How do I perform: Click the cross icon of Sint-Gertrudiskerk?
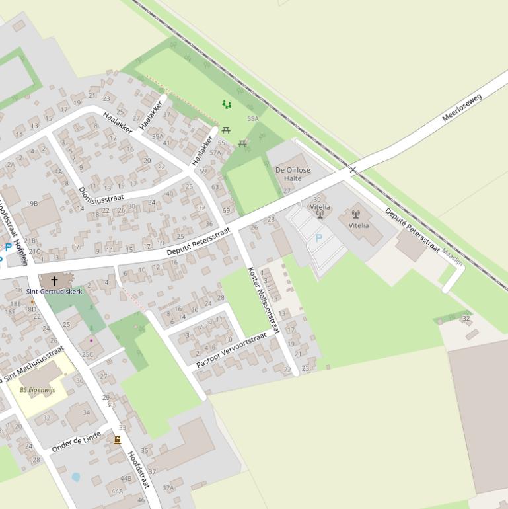pos(54,281)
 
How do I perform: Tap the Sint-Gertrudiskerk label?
pos(54,291)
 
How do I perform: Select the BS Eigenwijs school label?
pos(38,390)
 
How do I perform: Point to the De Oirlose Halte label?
pos(293,174)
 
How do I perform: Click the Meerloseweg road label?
pos(462,108)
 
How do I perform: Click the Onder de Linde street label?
pos(76,441)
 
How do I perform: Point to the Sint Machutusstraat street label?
pos(34,364)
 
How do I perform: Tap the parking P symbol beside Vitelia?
pos(319,238)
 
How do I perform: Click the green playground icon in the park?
pos(227,104)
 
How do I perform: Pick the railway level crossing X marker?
pos(353,170)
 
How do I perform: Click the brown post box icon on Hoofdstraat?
pos(118,440)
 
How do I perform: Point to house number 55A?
pos(253,119)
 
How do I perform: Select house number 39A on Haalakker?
pos(157,137)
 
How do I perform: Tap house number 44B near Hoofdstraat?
pos(126,478)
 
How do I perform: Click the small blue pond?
pos(76,477)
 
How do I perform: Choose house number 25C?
pos(87,355)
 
